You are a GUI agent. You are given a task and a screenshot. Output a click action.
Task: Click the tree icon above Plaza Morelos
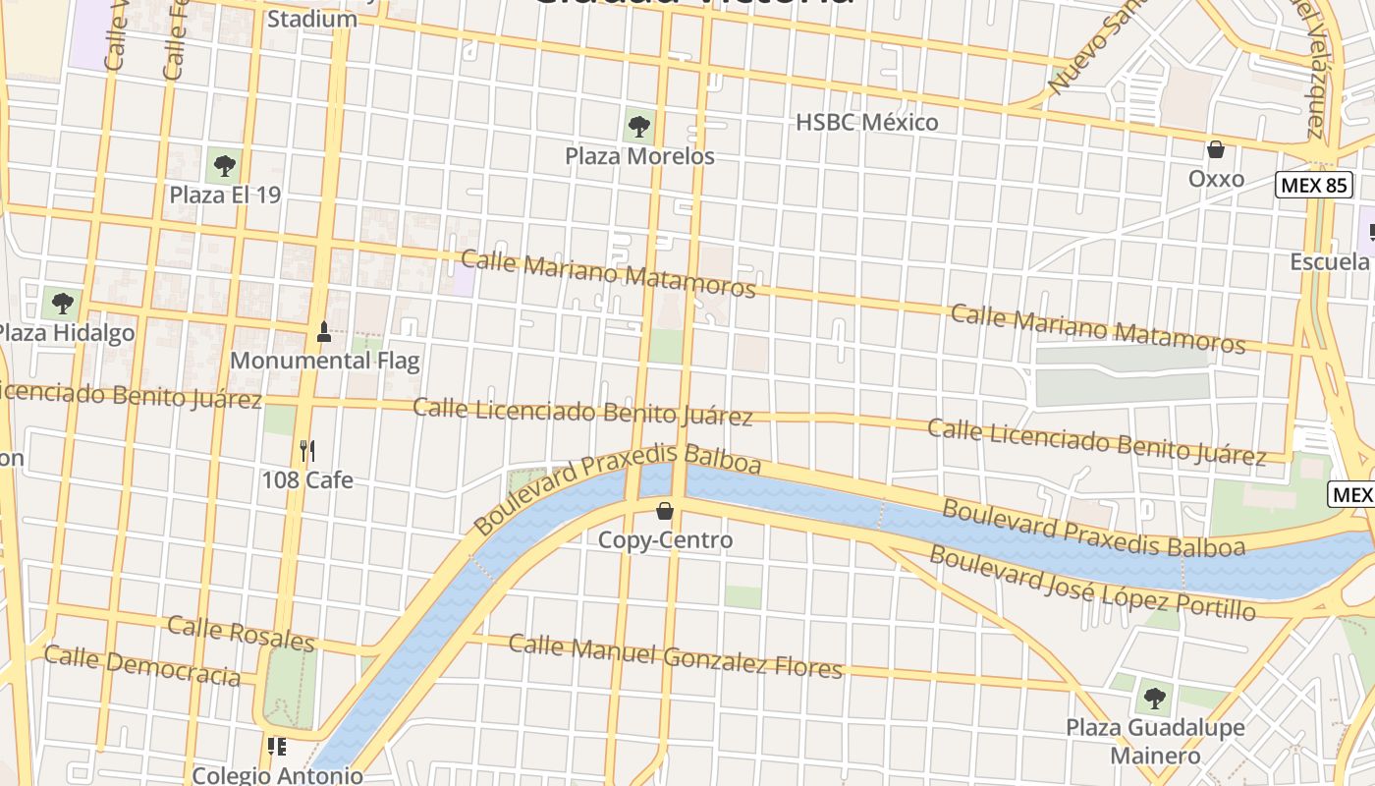pyautogui.click(x=638, y=126)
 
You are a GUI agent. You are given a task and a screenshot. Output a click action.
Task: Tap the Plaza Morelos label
pyautogui.click(x=639, y=156)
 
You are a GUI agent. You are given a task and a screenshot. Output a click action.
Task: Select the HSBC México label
pyautogui.click(x=866, y=122)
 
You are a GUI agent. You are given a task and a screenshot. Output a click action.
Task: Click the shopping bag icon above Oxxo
pyautogui.click(x=1216, y=150)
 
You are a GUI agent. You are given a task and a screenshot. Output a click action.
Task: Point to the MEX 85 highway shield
pyautogui.click(x=1313, y=184)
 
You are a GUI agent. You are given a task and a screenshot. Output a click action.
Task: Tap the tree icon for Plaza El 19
pyautogui.click(x=224, y=164)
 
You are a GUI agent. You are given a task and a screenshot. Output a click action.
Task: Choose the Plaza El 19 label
pyautogui.click(x=225, y=195)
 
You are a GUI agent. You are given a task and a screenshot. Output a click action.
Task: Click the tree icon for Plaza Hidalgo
pyautogui.click(x=63, y=303)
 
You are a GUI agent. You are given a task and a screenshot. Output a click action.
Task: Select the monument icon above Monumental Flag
pyautogui.click(x=323, y=331)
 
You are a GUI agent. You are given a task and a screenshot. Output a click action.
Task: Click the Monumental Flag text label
pyautogui.click(x=324, y=361)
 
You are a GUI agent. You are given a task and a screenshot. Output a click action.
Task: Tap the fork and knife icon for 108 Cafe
pyautogui.click(x=307, y=451)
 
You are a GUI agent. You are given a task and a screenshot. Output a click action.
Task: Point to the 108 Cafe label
pyautogui.click(x=307, y=480)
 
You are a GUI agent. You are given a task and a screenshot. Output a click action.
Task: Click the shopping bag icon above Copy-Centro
pyautogui.click(x=665, y=510)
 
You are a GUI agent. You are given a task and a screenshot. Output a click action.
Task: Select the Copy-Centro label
pyautogui.click(x=666, y=540)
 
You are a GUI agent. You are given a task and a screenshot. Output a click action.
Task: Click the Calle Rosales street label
pyautogui.click(x=241, y=634)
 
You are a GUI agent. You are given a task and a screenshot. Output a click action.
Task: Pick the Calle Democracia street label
pyautogui.click(x=142, y=666)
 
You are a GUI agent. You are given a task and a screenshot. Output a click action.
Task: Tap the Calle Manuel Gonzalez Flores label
pyautogui.click(x=676, y=656)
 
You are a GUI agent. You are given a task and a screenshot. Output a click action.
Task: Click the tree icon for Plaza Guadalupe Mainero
pyautogui.click(x=1155, y=699)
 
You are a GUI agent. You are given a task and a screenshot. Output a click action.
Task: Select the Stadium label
pyautogui.click(x=312, y=19)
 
